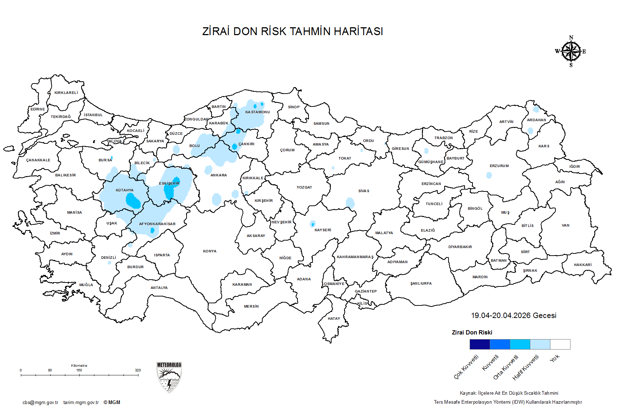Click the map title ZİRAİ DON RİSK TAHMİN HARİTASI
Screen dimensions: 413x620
(x=292, y=32)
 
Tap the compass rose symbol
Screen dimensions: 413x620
(x=571, y=52)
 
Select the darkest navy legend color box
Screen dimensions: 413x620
(x=480, y=344)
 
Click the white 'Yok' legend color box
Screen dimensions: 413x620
(x=560, y=344)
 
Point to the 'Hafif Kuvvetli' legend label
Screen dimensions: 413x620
(x=526, y=367)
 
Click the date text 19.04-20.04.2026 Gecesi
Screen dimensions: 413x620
(x=513, y=315)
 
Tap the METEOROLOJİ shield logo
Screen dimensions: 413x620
(x=169, y=377)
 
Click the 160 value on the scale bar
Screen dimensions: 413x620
(x=79, y=370)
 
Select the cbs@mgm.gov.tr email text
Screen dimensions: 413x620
(x=40, y=402)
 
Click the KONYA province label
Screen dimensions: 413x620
(x=210, y=251)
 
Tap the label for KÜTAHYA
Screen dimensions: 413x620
(x=125, y=190)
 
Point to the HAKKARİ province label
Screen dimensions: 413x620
(x=582, y=265)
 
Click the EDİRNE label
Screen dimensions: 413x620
(x=38, y=109)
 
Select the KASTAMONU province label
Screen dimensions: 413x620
(x=257, y=112)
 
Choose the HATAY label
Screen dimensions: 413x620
(x=334, y=318)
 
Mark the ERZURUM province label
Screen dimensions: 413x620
(x=499, y=166)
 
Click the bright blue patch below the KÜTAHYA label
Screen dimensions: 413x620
(x=133, y=201)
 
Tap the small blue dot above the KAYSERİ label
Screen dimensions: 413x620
(x=313, y=224)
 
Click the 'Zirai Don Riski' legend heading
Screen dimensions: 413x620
(x=472, y=332)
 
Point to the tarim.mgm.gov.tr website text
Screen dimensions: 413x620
(x=81, y=402)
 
